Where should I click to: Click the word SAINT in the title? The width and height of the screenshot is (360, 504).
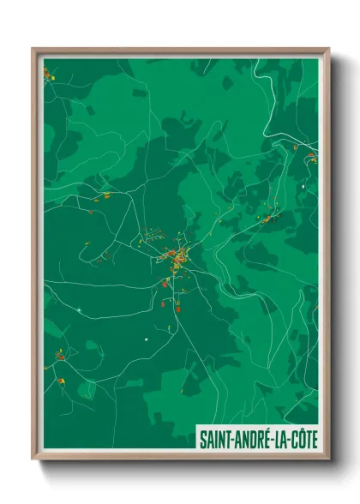coord(214,440)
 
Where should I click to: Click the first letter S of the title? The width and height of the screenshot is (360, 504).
coord(202,440)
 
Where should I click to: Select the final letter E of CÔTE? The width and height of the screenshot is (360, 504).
coord(315,440)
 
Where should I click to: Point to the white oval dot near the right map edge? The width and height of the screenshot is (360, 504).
coord(303,185)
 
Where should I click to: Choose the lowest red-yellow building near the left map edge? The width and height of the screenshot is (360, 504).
coord(62,380)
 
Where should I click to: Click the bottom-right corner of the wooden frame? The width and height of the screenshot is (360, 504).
coord(328,459)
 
